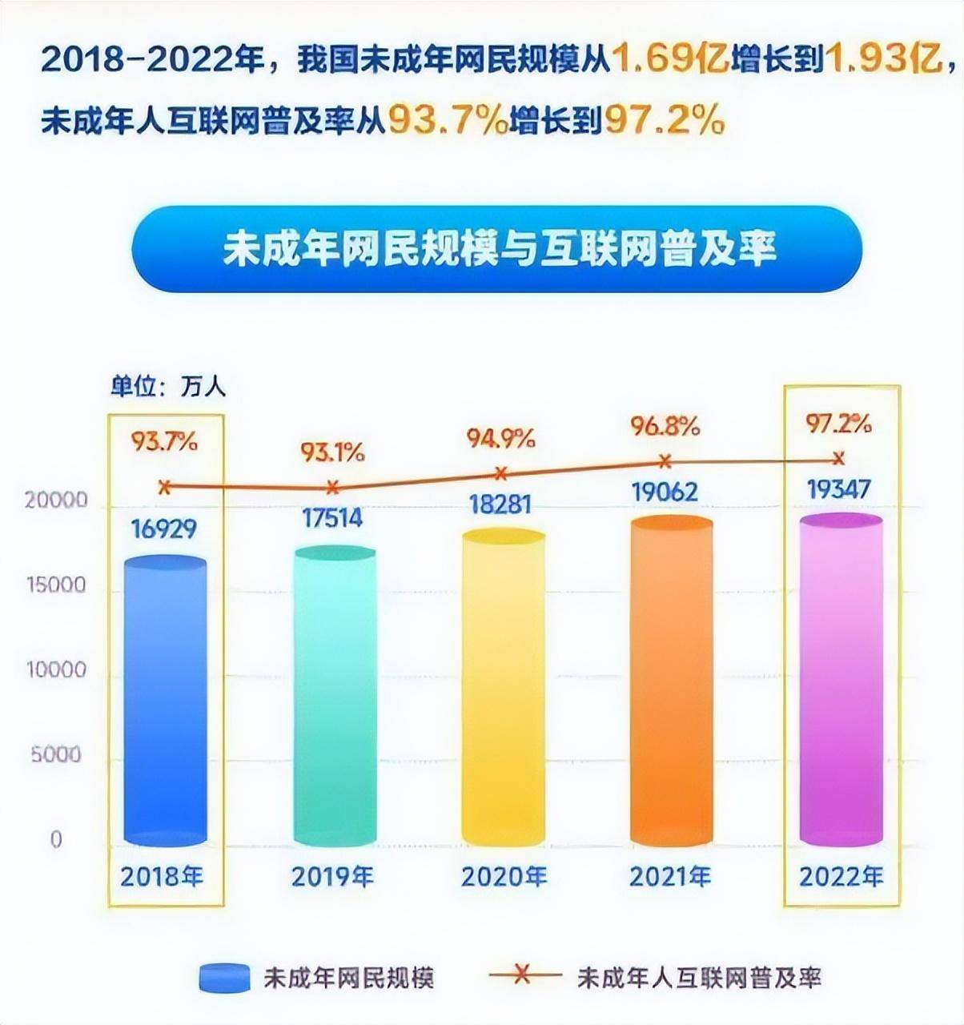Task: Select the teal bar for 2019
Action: click(334, 697)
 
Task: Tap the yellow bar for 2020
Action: click(503, 689)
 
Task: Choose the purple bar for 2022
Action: click(841, 681)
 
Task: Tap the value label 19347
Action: click(837, 488)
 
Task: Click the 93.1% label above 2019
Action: click(332, 452)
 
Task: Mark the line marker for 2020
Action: click(502, 473)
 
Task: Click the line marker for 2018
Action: click(165, 486)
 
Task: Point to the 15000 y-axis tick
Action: click(55, 585)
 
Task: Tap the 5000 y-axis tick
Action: click(56, 755)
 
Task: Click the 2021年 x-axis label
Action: click(670, 876)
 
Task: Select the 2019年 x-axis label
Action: click(332, 877)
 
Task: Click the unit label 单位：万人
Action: click(168, 388)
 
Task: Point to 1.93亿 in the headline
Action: click(882, 59)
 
